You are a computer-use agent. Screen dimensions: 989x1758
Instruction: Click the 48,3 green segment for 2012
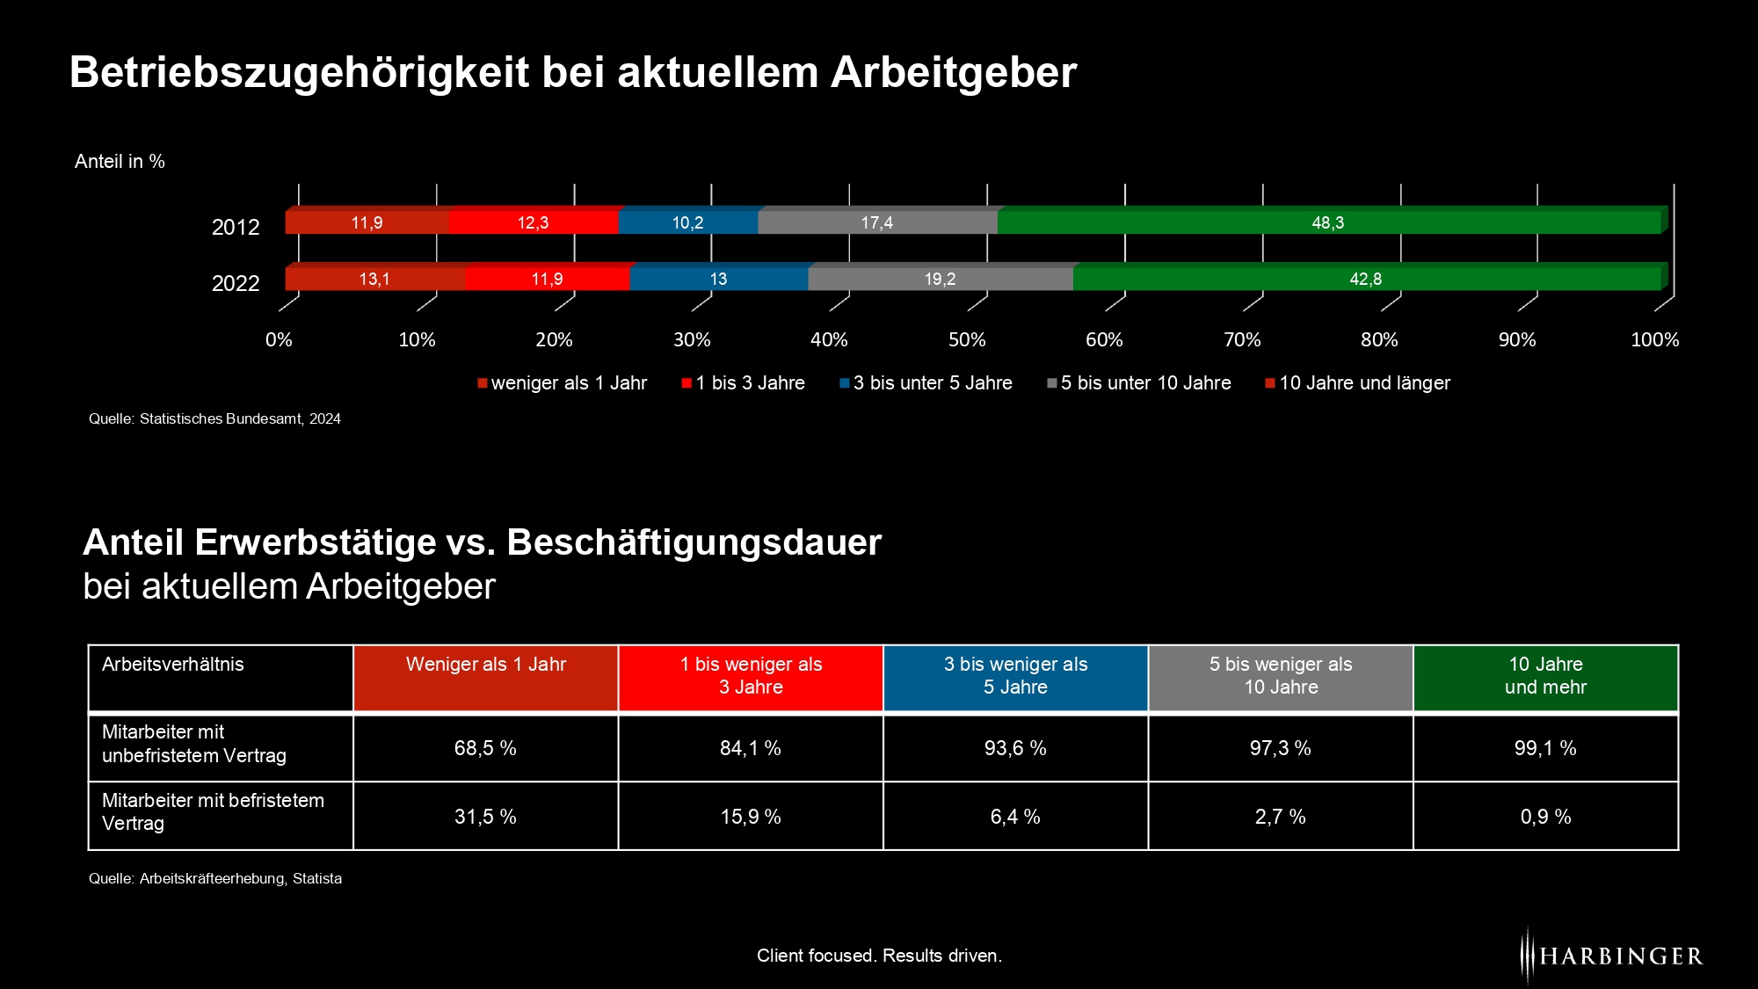coord(1327,222)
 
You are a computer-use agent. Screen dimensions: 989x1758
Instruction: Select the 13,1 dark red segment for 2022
coord(374,279)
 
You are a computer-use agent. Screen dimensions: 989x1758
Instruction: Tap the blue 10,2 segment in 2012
coord(687,222)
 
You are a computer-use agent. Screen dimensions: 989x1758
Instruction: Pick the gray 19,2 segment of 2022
coord(939,279)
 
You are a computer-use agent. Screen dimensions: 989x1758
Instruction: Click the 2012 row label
coord(236,227)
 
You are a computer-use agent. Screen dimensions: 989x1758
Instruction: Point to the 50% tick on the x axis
coord(967,339)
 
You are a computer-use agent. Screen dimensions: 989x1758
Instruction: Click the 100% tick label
coord(1654,339)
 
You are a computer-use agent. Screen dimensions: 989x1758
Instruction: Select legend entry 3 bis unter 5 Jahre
coord(932,383)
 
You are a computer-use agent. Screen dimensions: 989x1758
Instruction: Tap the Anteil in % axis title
coord(120,162)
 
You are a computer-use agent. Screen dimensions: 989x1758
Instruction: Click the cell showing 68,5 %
coord(485,748)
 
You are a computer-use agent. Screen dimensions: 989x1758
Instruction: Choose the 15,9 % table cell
coord(751,817)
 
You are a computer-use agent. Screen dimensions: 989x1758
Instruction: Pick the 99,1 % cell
coord(1545,748)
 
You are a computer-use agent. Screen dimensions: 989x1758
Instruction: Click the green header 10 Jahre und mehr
coord(1545,676)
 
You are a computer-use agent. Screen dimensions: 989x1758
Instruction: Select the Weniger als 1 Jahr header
coord(485,665)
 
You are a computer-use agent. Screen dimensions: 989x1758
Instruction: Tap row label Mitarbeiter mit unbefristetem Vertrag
coord(194,744)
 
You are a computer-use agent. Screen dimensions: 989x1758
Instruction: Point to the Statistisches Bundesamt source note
coord(214,419)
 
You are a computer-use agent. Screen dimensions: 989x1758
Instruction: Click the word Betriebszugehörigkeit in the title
coord(300,72)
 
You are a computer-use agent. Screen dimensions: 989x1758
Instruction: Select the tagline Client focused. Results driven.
coord(879,956)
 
